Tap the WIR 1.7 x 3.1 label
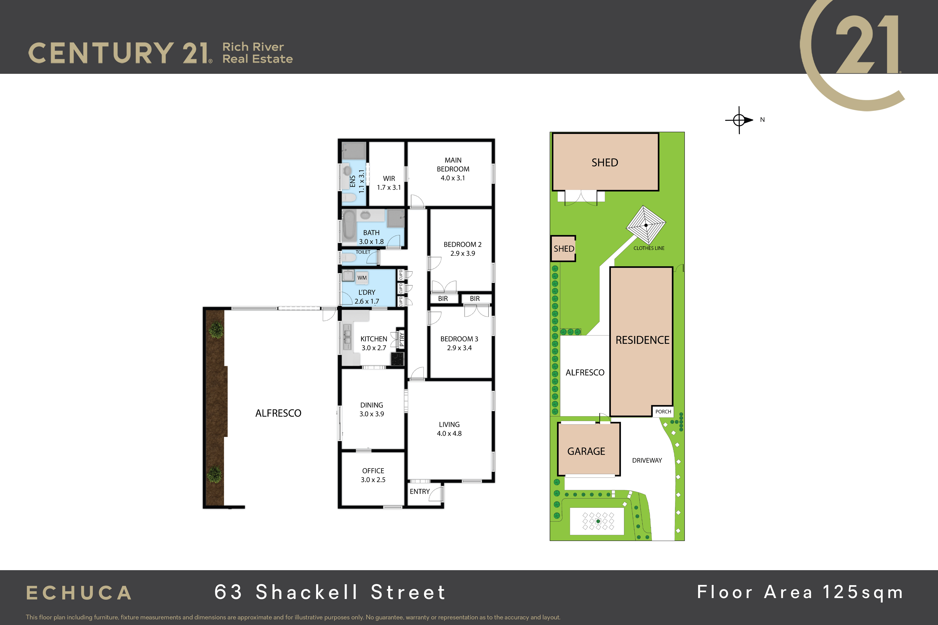[x=389, y=183]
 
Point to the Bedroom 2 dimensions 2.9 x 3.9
[x=463, y=254]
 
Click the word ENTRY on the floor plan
[x=420, y=491]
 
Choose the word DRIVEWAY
[x=647, y=460]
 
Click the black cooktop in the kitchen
[x=397, y=359]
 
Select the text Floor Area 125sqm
[x=800, y=592]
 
